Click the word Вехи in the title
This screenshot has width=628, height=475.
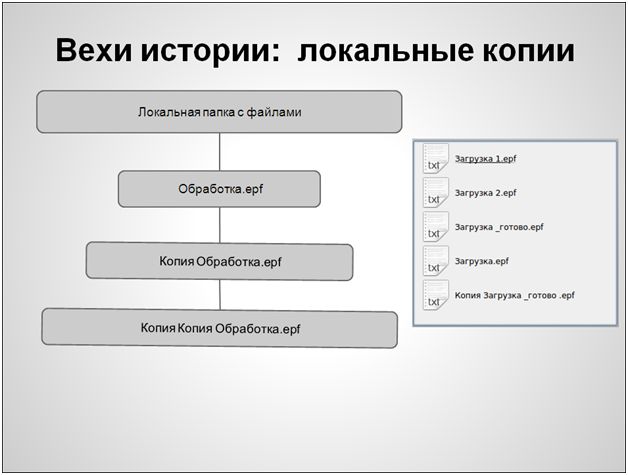pyautogui.click(x=94, y=50)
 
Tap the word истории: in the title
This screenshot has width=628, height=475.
pyautogui.click(x=211, y=51)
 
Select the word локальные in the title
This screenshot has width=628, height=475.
pyautogui.click(x=385, y=51)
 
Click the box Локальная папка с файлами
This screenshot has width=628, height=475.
pyautogui.click(x=219, y=112)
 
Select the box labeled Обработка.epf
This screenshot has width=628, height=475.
pyautogui.click(x=219, y=189)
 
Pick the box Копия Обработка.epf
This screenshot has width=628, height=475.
pyautogui.click(x=219, y=262)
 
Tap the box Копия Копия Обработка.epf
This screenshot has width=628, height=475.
pyautogui.click(x=219, y=328)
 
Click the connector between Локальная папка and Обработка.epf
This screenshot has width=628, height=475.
pyautogui.click(x=219, y=152)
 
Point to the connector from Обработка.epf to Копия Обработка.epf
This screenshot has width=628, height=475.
pyautogui.click(x=219, y=225)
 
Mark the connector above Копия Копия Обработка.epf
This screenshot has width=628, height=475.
pyautogui.click(x=220, y=294)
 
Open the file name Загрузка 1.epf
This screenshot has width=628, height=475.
pyautogui.click(x=485, y=159)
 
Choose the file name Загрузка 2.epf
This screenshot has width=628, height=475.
pyautogui.click(x=485, y=193)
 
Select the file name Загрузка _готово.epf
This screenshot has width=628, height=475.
pyautogui.click(x=499, y=227)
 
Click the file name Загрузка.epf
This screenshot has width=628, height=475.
pyautogui.click(x=481, y=261)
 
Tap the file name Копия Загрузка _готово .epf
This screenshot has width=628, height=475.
pyautogui.click(x=515, y=296)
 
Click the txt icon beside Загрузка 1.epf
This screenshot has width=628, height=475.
pyautogui.click(x=436, y=158)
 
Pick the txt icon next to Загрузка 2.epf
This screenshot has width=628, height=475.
pyautogui.click(x=436, y=193)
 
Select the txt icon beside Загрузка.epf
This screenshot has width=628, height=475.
pyautogui.click(x=436, y=261)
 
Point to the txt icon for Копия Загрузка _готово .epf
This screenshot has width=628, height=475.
pyautogui.click(x=436, y=295)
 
